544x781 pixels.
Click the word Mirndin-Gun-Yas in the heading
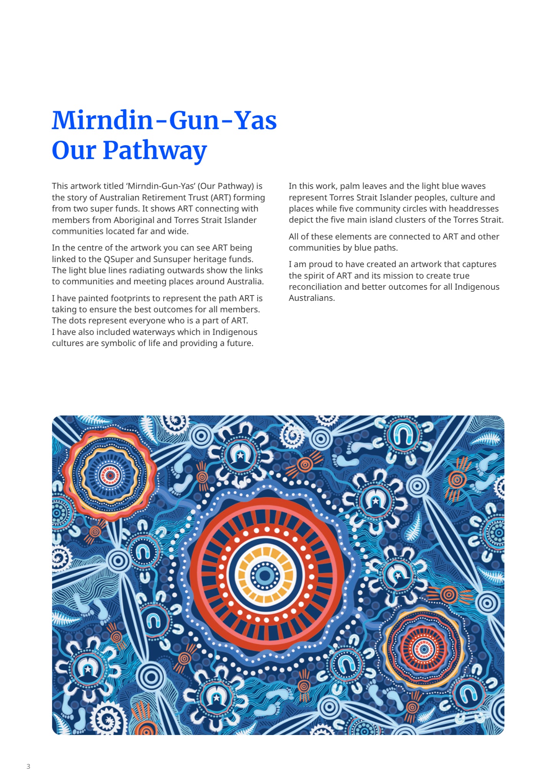click(164, 121)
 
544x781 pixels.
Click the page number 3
click(28, 766)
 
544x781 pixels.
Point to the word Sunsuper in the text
click(170, 259)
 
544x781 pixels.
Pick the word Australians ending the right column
click(311, 298)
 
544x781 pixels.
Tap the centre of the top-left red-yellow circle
click(110, 475)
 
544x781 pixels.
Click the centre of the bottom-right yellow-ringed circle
click(424, 649)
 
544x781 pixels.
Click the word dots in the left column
click(77, 320)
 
